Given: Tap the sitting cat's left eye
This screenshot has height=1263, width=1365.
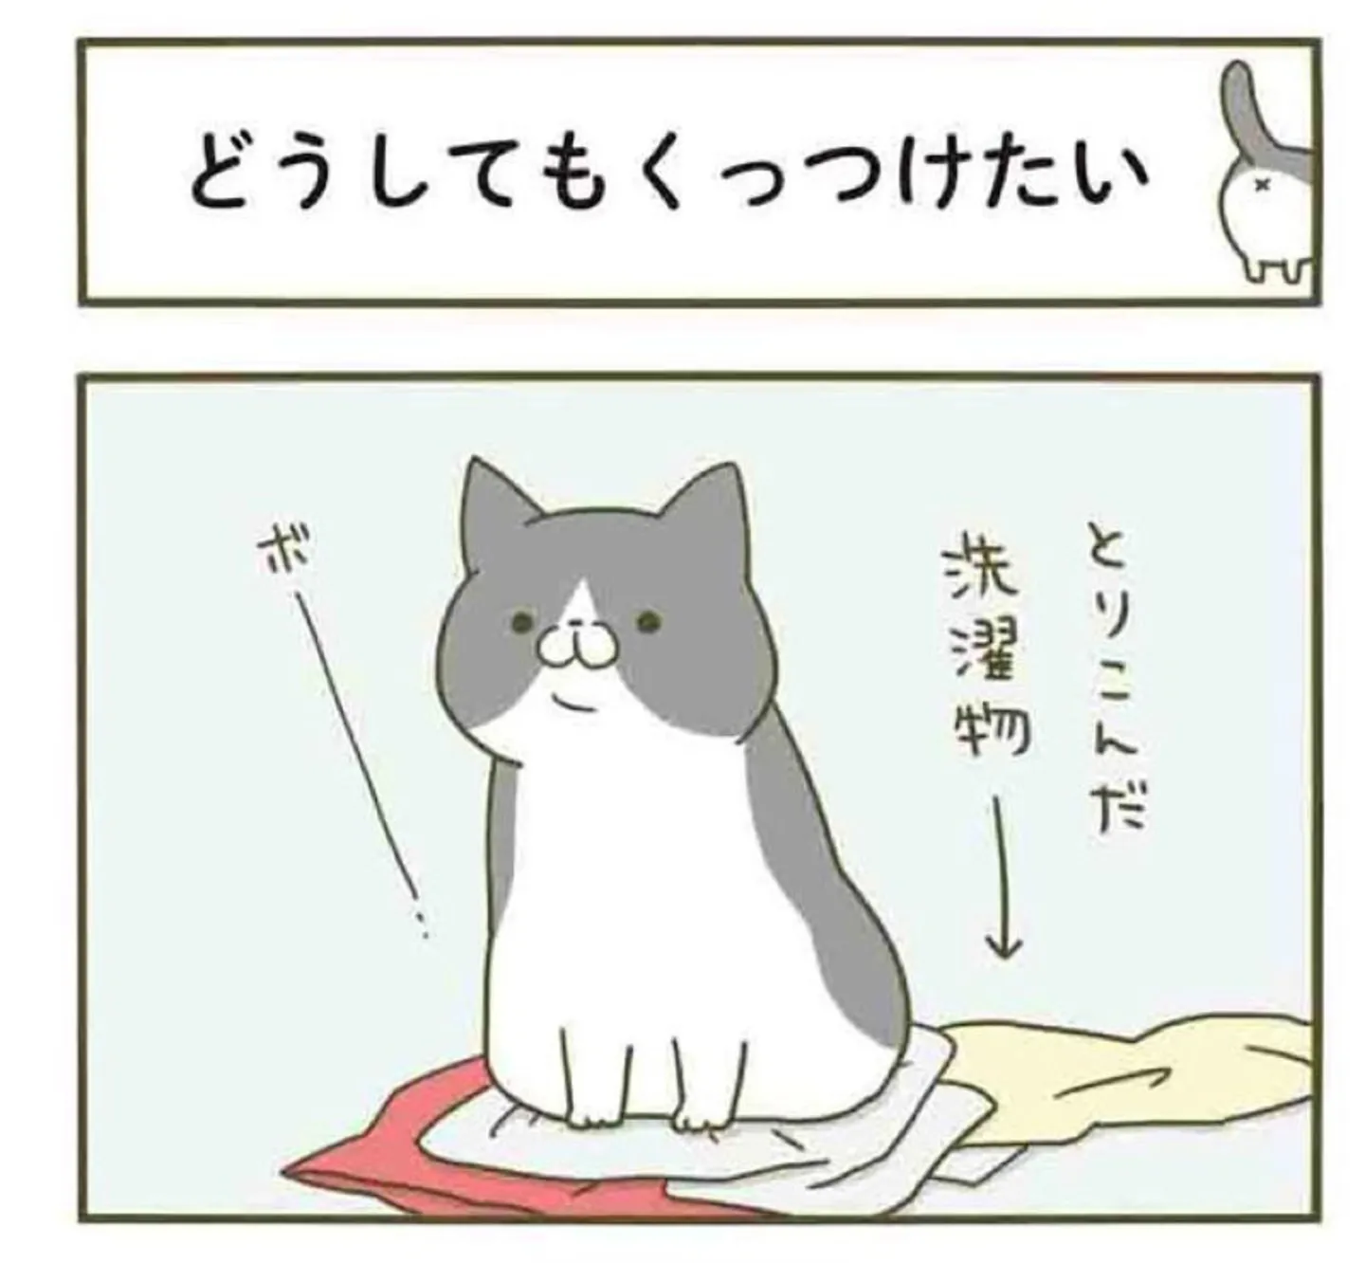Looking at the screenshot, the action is coord(521,623).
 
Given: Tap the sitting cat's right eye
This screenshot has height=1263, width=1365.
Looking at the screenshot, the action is coord(647,622).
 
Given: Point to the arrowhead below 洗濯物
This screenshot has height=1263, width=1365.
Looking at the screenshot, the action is coord(1004,950).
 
